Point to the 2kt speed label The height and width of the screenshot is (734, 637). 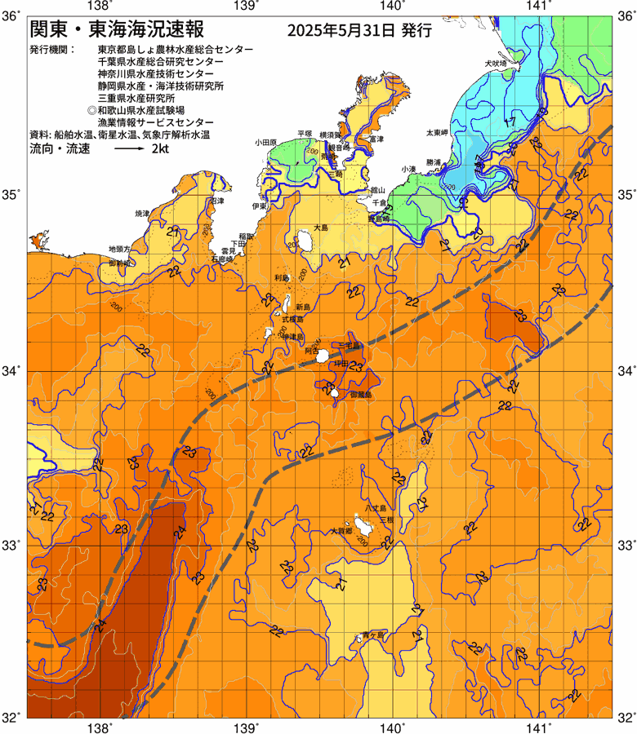tap(161, 149)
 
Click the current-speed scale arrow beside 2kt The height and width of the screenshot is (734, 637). tap(129, 149)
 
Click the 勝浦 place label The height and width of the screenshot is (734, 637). tap(433, 161)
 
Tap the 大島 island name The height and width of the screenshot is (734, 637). tap(320, 228)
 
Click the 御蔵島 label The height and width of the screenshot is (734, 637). tap(360, 395)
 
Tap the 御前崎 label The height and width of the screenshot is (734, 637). tap(121, 263)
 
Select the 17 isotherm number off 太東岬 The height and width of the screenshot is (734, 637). tap(509, 122)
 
